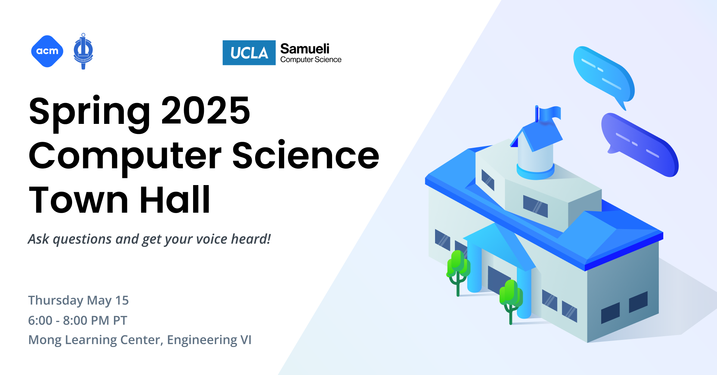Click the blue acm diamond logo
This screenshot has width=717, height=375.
pos(47,51)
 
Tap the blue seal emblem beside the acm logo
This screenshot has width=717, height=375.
pos(83,51)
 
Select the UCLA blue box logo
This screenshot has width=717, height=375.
pos(249,53)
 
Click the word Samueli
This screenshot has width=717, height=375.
pos(305,49)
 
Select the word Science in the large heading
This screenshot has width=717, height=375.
pos(305,156)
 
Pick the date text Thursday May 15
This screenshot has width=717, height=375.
pos(78,300)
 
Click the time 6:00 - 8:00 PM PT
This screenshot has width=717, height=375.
pos(78,320)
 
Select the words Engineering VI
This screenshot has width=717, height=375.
pos(209,340)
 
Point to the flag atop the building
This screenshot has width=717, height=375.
pos(549,114)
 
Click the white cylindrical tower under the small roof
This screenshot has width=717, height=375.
pos(535,160)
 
